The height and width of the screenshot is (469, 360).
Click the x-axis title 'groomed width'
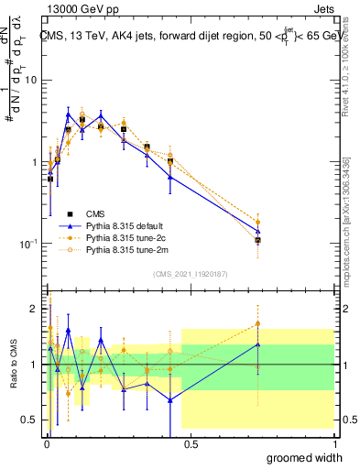coord(305,458)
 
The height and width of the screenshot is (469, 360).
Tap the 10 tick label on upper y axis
coord(29,81)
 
